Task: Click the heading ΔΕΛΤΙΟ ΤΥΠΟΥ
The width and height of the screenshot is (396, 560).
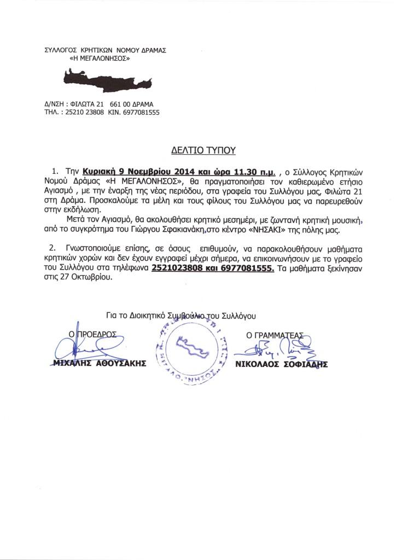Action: pyautogui.click(x=202, y=150)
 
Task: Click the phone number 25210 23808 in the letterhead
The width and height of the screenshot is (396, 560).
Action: pyautogui.click(x=81, y=112)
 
